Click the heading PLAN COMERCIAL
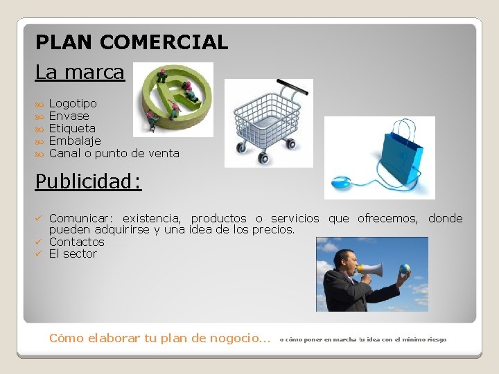point(132,43)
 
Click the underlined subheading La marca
point(80,72)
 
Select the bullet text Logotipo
point(73,104)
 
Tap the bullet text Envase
point(69,116)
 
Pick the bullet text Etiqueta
point(72,129)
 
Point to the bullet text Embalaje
point(75,141)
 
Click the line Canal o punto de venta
point(114,154)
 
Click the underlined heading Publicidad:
point(88,181)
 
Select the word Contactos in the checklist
point(76,242)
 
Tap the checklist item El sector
point(73,254)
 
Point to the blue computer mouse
point(342,184)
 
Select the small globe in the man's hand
point(405,269)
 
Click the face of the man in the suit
point(344,262)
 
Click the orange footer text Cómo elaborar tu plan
point(159,339)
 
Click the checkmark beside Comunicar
point(39,219)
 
